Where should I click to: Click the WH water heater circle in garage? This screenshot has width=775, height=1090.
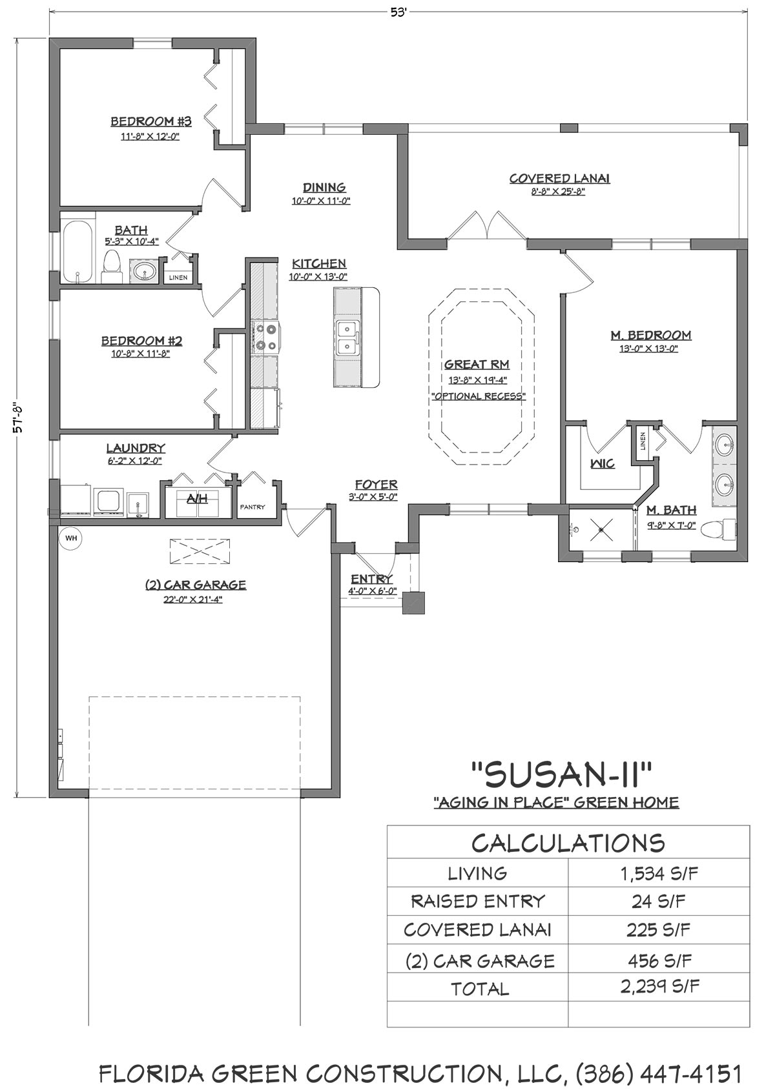pyautogui.click(x=71, y=539)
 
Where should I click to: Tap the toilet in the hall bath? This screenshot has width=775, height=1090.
pyautogui.click(x=112, y=267)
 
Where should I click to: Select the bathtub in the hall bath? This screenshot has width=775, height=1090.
pyautogui.click(x=77, y=252)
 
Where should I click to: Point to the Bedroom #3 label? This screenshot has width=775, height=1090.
pyautogui.click(x=151, y=121)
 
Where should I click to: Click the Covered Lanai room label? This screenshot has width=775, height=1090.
pyautogui.click(x=559, y=179)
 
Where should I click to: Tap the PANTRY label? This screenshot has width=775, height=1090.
pyautogui.click(x=253, y=507)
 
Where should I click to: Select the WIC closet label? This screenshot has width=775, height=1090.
pyautogui.click(x=603, y=464)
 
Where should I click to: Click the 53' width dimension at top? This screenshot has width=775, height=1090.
pyautogui.click(x=398, y=13)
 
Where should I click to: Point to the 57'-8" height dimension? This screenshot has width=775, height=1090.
pyautogui.click(x=18, y=418)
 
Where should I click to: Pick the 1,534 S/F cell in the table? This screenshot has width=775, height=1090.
pyautogui.click(x=659, y=874)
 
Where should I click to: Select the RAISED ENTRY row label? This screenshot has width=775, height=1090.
pyautogui.click(x=477, y=902)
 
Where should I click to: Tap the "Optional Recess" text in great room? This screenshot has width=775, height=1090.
pyautogui.click(x=479, y=396)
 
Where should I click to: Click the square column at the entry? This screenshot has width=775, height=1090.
pyautogui.click(x=413, y=603)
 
